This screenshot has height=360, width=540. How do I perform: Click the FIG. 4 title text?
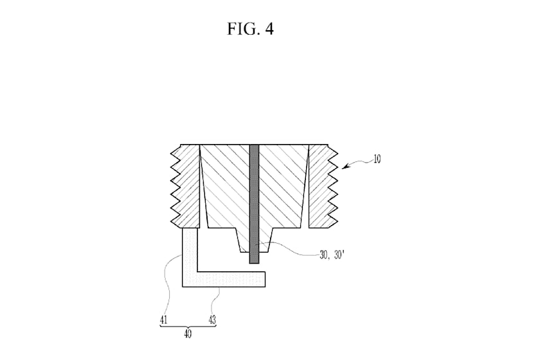pyautogui.click(x=250, y=28)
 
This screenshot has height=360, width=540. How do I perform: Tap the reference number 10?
pyautogui.click(x=377, y=159)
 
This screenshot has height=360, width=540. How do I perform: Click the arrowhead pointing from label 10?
pyautogui.click(x=345, y=166)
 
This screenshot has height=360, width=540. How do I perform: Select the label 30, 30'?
pyautogui.click(x=332, y=255)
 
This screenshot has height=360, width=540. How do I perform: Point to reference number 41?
pyautogui.click(x=163, y=320)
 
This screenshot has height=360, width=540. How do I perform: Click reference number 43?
pyautogui.click(x=212, y=320)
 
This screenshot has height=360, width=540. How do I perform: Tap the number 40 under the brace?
pyautogui.click(x=188, y=334)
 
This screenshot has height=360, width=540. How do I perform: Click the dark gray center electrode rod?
pyautogui.click(x=254, y=204)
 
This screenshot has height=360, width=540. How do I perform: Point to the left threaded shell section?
pyautogui.click(x=186, y=186)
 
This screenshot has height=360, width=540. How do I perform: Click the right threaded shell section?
pyautogui.click(x=323, y=186)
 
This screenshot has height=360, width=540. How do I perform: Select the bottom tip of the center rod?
pyautogui.click(x=254, y=264)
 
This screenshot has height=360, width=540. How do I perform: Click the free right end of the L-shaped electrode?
pyautogui.click(x=265, y=280)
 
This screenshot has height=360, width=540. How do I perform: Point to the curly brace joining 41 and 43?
pyautogui.click(x=188, y=326)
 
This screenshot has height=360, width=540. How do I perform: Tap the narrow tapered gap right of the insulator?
pyautogui.click(x=306, y=186)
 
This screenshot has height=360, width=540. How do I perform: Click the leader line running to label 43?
pyautogui.click(x=215, y=302)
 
